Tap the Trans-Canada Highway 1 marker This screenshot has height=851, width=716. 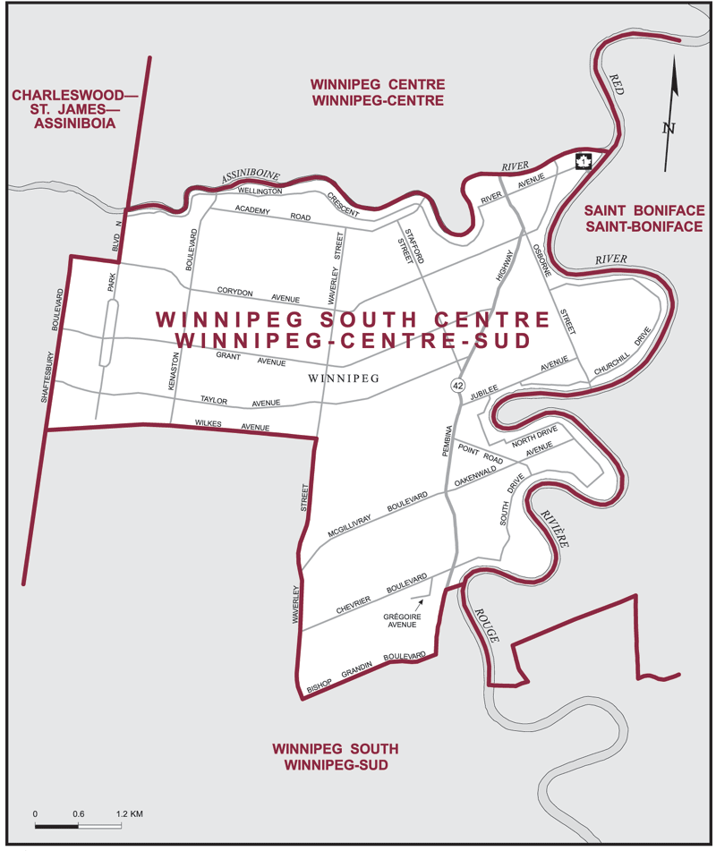pyautogui.click(x=583, y=161)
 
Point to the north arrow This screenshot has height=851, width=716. pyautogui.click(x=672, y=112)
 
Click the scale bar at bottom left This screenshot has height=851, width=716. pyautogui.click(x=78, y=825)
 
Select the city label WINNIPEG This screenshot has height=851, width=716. pyautogui.click(x=342, y=379)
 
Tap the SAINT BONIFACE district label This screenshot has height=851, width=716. pyautogui.click(x=644, y=211)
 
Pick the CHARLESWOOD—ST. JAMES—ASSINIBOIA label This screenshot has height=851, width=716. pyautogui.click(x=63, y=109)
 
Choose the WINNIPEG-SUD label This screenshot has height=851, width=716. pyautogui.click(x=336, y=766)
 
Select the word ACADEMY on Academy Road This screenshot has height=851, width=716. pyautogui.click(x=252, y=209)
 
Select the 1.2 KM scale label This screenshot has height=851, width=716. pyautogui.click(x=130, y=814)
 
